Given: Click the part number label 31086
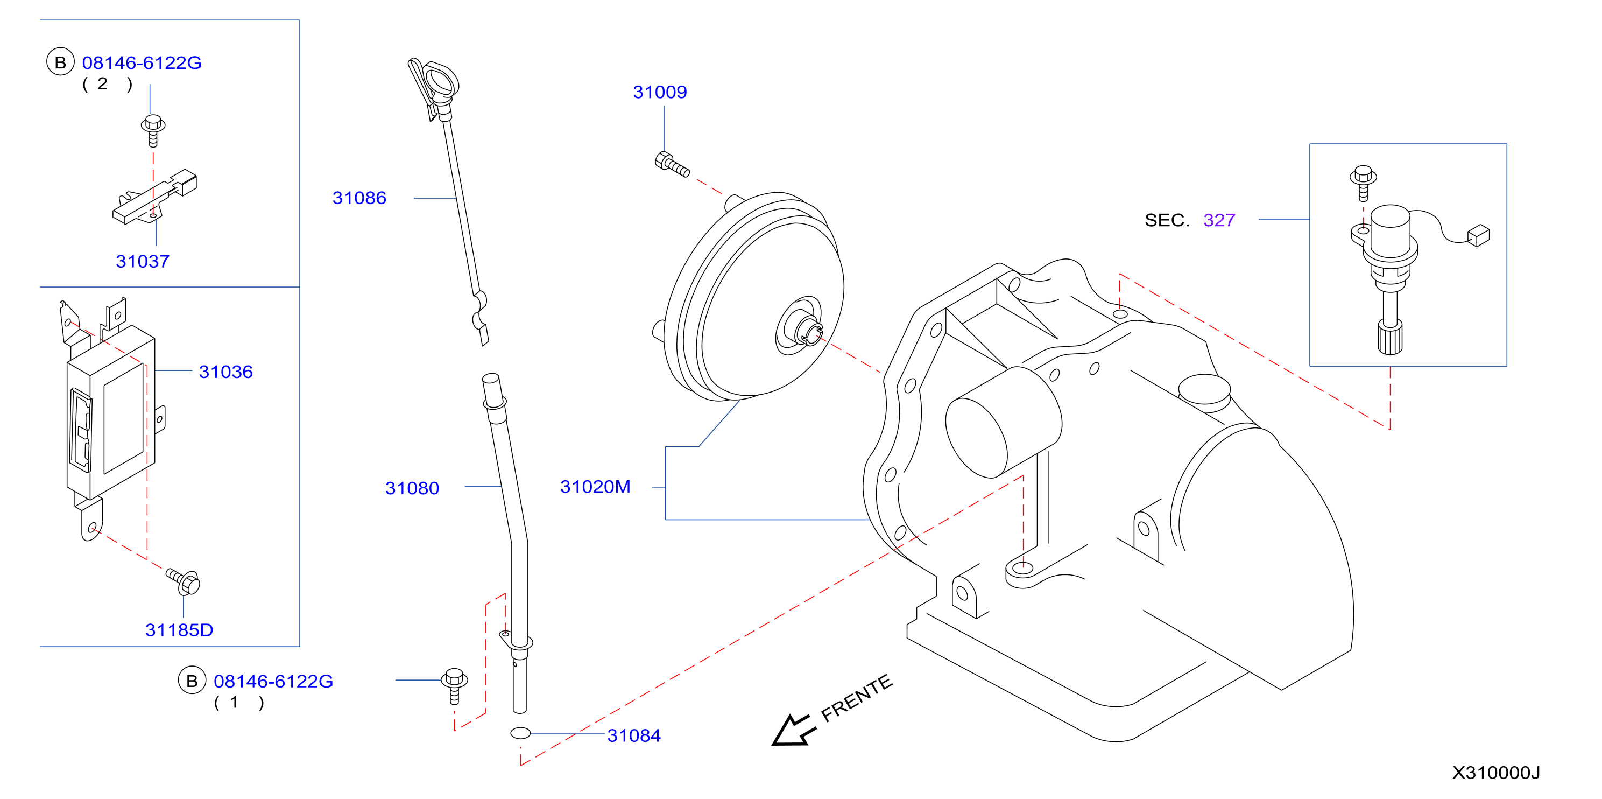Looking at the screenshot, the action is pyautogui.click(x=359, y=198).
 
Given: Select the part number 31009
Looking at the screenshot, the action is pyautogui.click(x=660, y=92).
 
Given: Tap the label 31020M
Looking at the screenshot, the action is pyautogui.click(x=595, y=487).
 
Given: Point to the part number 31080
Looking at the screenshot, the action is pyautogui.click(x=412, y=488).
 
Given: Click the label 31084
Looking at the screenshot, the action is pyautogui.click(x=634, y=735).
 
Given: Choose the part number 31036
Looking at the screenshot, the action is pyautogui.click(x=226, y=372).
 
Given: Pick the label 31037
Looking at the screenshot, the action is pyautogui.click(x=143, y=261).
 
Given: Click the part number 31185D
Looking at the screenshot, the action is pyautogui.click(x=179, y=630).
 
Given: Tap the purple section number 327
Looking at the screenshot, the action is pyautogui.click(x=1219, y=220).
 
